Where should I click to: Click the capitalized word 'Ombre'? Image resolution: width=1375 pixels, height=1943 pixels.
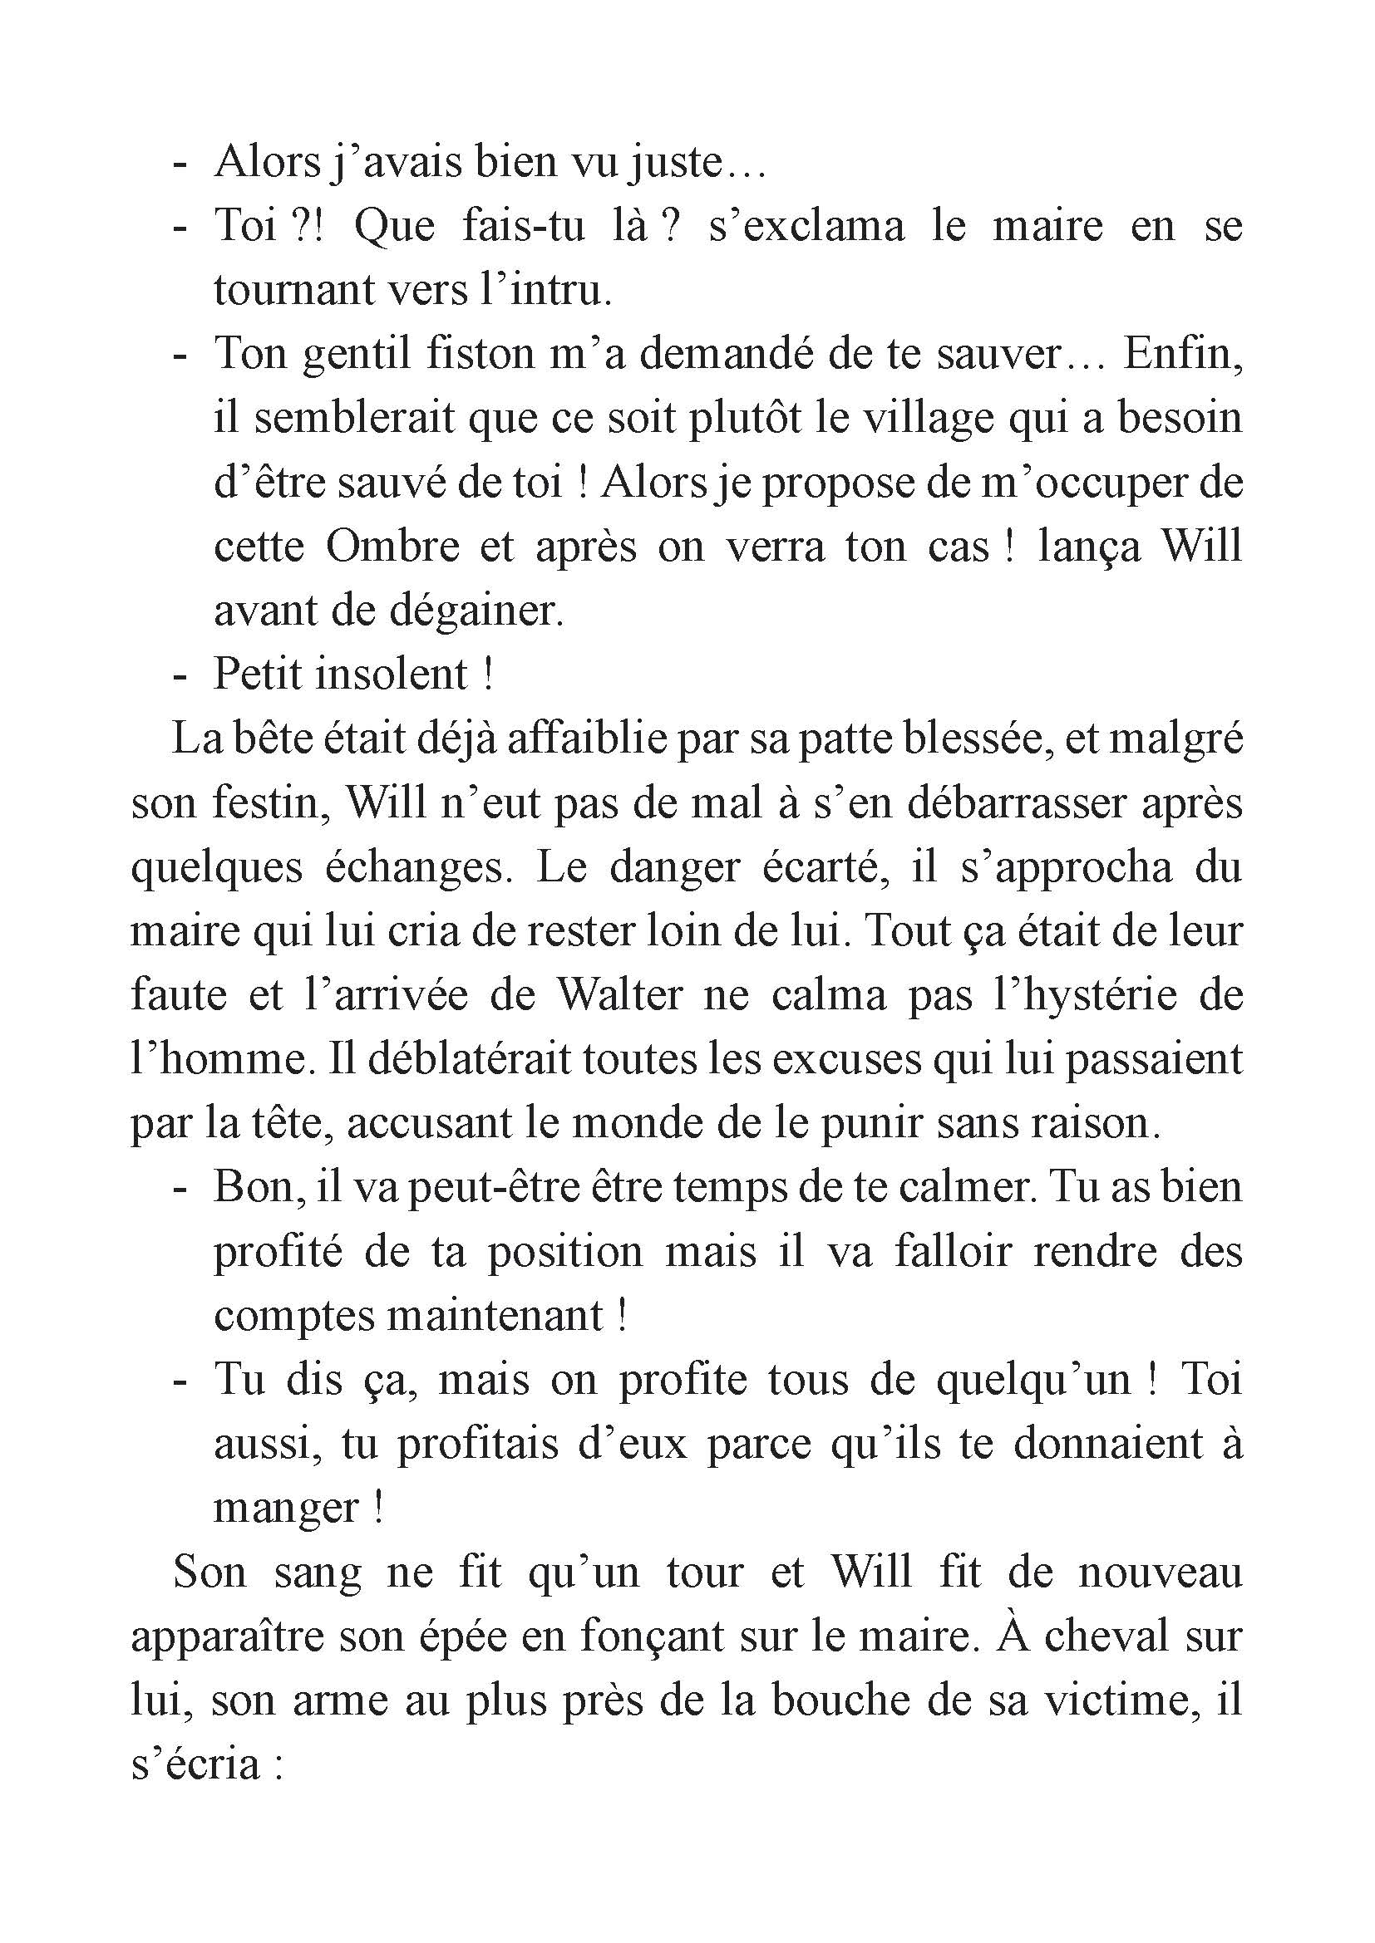tap(392, 547)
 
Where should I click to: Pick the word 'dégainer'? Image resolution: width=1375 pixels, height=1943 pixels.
tap(474, 611)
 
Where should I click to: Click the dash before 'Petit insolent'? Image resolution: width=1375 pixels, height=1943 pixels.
tap(179, 675)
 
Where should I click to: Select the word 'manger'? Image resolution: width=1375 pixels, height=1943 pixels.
tap(286, 1507)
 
